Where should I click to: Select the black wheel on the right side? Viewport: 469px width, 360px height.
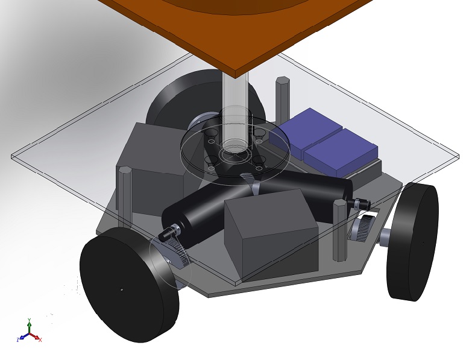[x=413, y=241]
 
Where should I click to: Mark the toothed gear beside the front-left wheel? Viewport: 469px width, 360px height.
[x=172, y=253]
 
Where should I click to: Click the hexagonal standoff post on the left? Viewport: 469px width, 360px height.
[x=125, y=193]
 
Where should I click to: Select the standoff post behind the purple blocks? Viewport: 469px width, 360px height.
[x=282, y=99]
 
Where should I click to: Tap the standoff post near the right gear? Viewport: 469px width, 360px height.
[x=339, y=229]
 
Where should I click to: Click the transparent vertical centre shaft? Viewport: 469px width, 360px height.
[x=235, y=109]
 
